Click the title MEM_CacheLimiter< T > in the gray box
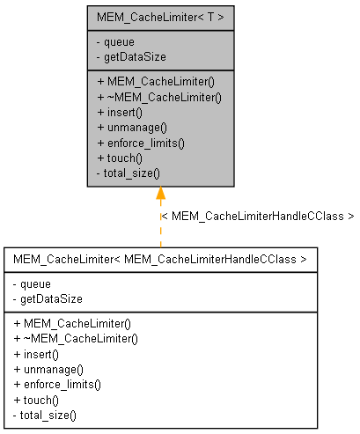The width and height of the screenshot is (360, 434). [160, 17]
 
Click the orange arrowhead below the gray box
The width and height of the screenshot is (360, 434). [160, 195]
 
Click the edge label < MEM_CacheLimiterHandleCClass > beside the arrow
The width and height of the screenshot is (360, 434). [257, 216]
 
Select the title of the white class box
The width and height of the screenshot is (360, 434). [160, 260]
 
